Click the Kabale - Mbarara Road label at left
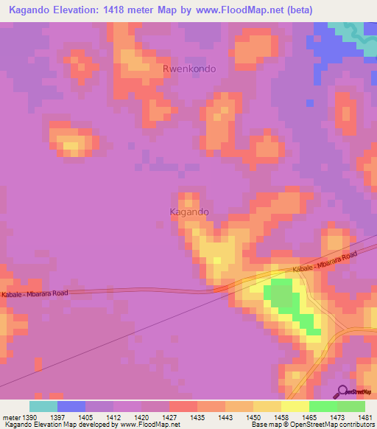tap(35, 293)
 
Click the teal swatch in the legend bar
tap(43, 406)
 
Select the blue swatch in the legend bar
tap(71, 406)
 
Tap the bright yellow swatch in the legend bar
tap(295, 406)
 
